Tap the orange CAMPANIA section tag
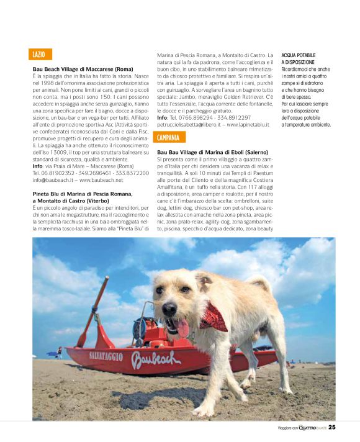(168, 137)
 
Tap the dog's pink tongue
(182, 327)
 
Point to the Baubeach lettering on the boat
(156, 358)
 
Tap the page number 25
(332, 427)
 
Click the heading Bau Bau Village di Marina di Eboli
(212, 152)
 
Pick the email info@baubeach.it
(54, 180)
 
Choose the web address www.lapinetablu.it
(248, 124)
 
